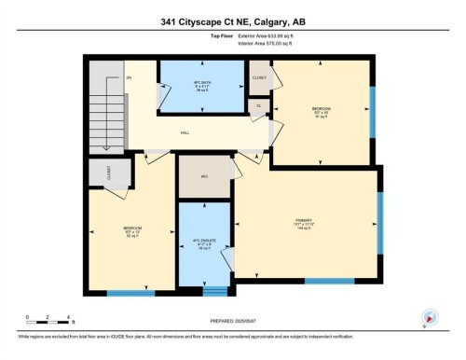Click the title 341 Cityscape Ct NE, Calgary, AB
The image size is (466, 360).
[232, 22]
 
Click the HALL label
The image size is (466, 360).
[185, 132]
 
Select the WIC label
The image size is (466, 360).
[204, 176]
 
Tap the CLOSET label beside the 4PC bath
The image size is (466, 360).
[258, 79]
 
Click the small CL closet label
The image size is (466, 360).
[258, 105]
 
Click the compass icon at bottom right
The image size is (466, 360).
[430, 317]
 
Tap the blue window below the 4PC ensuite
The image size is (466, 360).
[215, 287]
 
